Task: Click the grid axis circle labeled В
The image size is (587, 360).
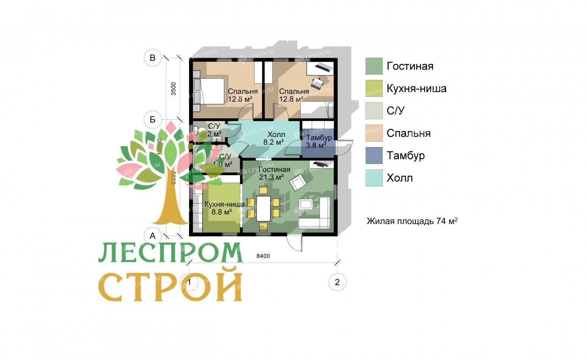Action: click(153, 58)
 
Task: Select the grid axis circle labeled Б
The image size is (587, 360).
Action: click(153, 120)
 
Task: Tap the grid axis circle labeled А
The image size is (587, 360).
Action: click(153, 236)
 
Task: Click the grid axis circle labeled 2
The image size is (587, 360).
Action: click(337, 282)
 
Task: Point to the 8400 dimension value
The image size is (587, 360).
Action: click(263, 256)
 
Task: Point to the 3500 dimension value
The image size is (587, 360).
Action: click(173, 88)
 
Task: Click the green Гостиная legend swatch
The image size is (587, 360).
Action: click(374, 66)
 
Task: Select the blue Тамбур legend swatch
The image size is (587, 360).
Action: click(374, 156)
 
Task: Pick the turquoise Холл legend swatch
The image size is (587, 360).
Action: click(374, 178)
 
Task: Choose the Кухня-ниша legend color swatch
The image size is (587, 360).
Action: click(374, 89)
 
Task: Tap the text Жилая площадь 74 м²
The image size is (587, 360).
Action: click(412, 221)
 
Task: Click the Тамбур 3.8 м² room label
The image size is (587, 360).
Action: click(318, 141)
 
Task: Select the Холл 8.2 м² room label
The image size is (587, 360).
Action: click(276, 139)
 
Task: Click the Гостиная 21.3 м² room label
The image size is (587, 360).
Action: click(274, 173)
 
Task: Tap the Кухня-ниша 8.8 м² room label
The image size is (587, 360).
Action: click(224, 208)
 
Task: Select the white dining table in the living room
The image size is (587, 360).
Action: click(263, 208)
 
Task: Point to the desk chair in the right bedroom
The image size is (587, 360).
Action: click(317, 82)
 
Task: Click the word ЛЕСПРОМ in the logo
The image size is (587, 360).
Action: click(170, 252)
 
